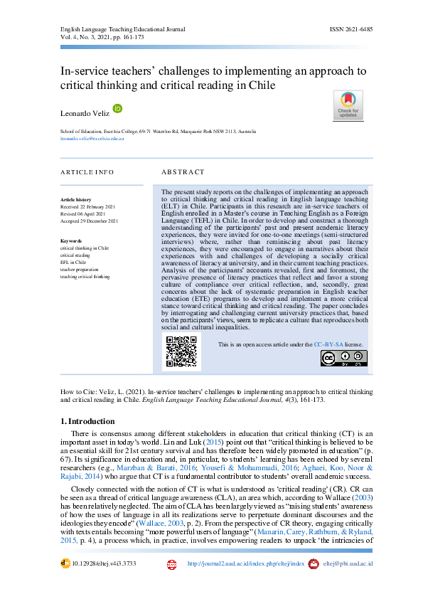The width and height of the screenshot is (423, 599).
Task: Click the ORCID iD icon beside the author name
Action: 117,108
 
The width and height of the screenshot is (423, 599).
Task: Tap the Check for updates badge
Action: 348,106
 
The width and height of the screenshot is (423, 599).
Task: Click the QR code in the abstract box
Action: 181,351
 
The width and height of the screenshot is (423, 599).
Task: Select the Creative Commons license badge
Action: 343,359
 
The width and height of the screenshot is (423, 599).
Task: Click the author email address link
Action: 92,139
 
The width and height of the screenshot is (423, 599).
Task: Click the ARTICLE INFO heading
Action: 87,172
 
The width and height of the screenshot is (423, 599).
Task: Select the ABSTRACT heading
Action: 183,172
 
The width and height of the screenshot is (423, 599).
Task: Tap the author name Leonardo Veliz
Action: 85,113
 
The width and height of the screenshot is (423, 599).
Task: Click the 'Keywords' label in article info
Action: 73,242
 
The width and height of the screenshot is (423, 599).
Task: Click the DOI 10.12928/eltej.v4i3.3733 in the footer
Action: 103,563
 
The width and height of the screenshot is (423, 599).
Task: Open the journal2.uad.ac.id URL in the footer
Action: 245,563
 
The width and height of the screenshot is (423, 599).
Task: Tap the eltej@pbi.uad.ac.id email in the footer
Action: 348,563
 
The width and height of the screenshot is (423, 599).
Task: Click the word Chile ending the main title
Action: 259,85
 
